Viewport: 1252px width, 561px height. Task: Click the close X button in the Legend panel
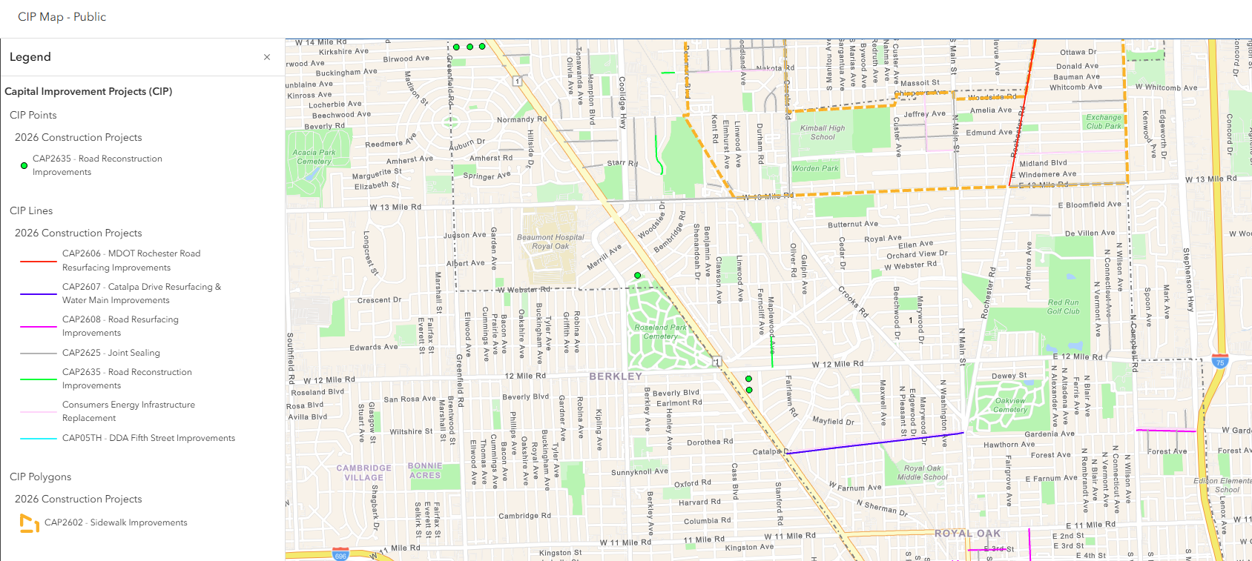tap(267, 57)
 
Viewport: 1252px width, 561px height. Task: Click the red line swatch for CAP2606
tap(39, 261)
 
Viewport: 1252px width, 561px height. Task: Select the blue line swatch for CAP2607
tap(39, 294)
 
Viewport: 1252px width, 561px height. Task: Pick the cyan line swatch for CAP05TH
tap(39, 439)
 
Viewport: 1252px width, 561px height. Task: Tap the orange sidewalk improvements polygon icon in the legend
tap(29, 523)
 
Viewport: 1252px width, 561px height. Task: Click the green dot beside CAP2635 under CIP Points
tap(24, 166)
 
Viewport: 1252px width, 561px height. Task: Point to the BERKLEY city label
tap(616, 376)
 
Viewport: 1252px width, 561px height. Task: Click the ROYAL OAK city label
tap(967, 534)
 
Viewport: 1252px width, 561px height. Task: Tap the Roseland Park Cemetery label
tap(660, 332)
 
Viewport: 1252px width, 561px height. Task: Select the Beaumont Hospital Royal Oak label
tap(550, 242)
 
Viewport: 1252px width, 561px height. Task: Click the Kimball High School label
tap(822, 133)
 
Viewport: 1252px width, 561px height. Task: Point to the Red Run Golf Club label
tap(1063, 307)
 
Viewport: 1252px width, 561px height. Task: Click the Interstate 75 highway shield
tap(1220, 362)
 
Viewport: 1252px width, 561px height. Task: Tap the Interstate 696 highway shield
tap(340, 555)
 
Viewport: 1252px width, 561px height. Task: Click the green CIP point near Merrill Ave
tap(638, 276)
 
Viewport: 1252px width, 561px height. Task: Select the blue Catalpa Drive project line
tap(875, 442)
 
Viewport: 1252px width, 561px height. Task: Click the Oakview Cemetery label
tap(1010, 405)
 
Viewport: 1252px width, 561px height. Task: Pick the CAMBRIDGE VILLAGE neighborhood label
tap(363, 473)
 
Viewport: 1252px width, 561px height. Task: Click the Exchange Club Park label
tap(1104, 122)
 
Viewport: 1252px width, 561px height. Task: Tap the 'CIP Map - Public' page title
tap(62, 17)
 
